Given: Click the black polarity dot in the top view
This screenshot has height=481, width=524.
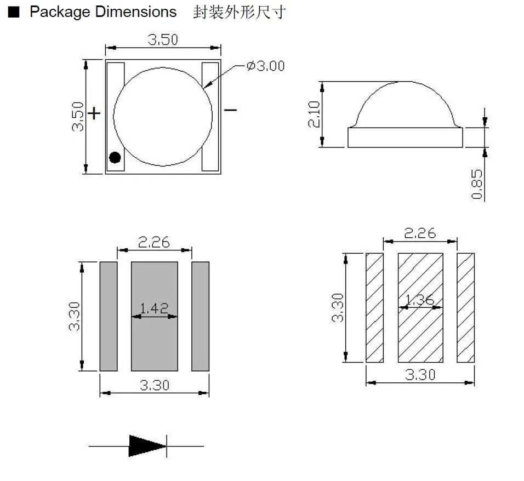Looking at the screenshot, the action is pyautogui.click(x=115, y=157).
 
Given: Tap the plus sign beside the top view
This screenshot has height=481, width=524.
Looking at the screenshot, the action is pyautogui.click(x=94, y=113).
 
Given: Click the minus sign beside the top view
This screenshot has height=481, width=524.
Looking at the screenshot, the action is pyautogui.click(x=230, y=110).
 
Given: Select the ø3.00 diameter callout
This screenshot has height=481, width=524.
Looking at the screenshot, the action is pyautogui.click(x=266, y=66).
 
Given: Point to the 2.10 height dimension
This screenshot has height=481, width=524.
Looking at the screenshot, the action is pyautogui.click(x=314, y=114).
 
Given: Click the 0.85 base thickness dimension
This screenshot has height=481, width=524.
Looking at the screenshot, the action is pyautogui.click(x=477, y=184).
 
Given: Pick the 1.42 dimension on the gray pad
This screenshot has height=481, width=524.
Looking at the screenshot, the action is pyautogui.click(x=154, y=308).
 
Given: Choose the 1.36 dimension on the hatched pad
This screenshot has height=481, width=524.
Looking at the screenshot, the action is pyautogui.click(x=420, y=300).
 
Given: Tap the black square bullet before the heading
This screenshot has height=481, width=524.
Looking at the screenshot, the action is pyautogui.click(x=14, y=12).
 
